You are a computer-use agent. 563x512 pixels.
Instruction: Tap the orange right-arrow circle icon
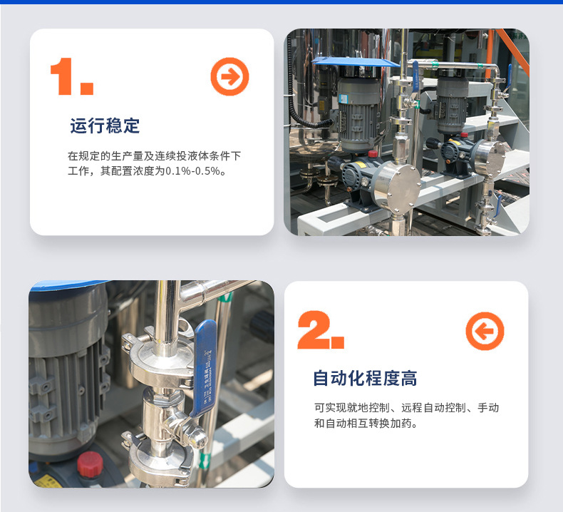(x=229, y=76)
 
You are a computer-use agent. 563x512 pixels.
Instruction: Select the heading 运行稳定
(x=105, y=126)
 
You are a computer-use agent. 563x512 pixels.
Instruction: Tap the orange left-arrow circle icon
(x=485, y=331)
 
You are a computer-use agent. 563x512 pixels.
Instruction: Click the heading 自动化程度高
(x=365, y=379)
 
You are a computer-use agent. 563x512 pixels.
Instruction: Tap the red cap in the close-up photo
(x=90, y=464)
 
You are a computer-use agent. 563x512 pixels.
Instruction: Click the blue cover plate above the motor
(x=356, y=62)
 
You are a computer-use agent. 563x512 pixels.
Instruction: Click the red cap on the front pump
(x=373, y=154)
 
